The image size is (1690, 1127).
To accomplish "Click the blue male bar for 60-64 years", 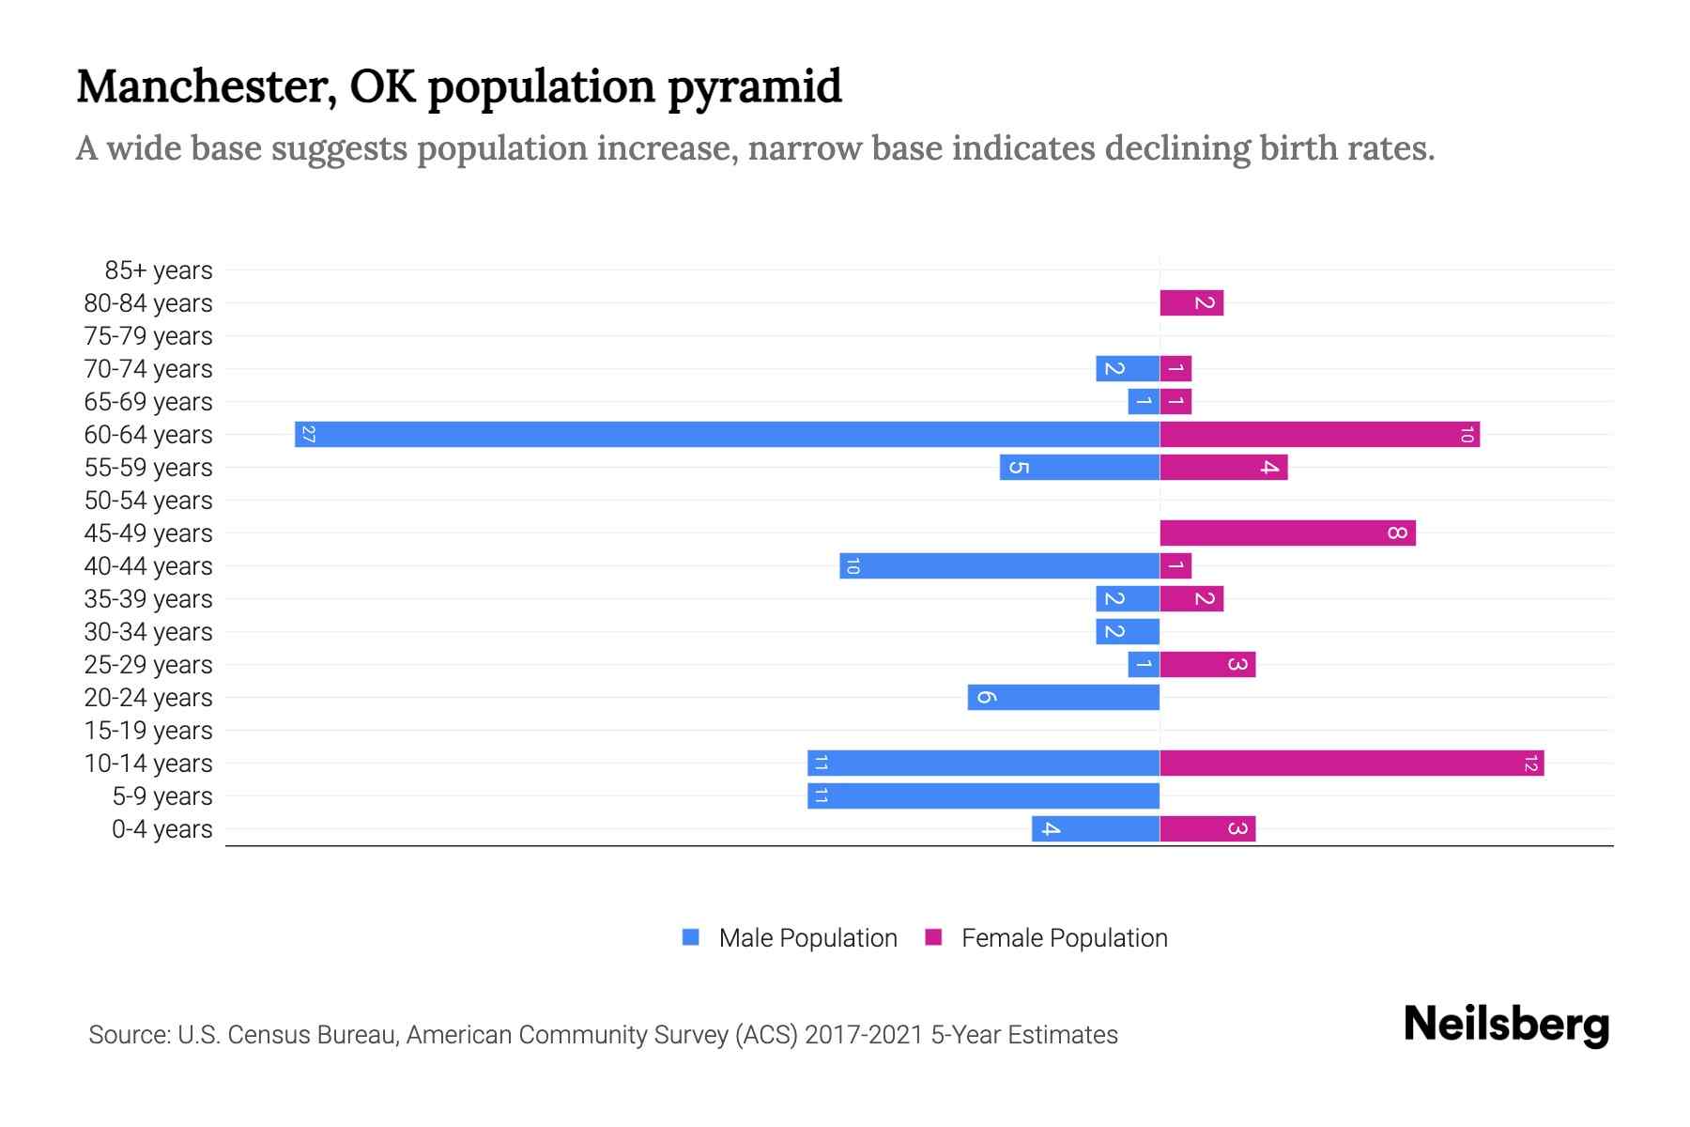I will (x=728, y=434).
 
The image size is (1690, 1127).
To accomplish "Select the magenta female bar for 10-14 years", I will (x=1351, y=763).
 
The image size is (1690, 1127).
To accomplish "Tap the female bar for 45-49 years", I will (x=1287, y=533).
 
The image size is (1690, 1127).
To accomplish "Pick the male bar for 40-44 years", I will (x=999, y=565).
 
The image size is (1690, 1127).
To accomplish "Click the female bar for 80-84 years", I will (x=1191, y=302).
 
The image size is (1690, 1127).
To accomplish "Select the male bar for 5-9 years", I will (x=983, y=795).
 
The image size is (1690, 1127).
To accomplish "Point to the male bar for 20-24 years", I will (x=1063, y=697).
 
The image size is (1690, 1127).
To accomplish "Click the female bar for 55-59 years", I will (x=1223, y=467).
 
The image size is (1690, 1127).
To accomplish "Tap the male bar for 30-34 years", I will (x=1127, y=631).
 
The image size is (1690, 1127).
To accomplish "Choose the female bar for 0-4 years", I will (x=1207, y=828).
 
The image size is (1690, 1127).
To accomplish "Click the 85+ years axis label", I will (x=159, y=270).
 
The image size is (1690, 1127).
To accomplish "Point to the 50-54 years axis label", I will (x=148, y=501).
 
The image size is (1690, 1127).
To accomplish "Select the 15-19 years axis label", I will (x=148, y=731).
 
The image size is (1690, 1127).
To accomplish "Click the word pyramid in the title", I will (x=755, y=86).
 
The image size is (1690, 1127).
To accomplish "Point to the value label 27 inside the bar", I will (x=308, y=434).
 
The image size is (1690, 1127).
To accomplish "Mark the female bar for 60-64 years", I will (x=1319, y=434).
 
